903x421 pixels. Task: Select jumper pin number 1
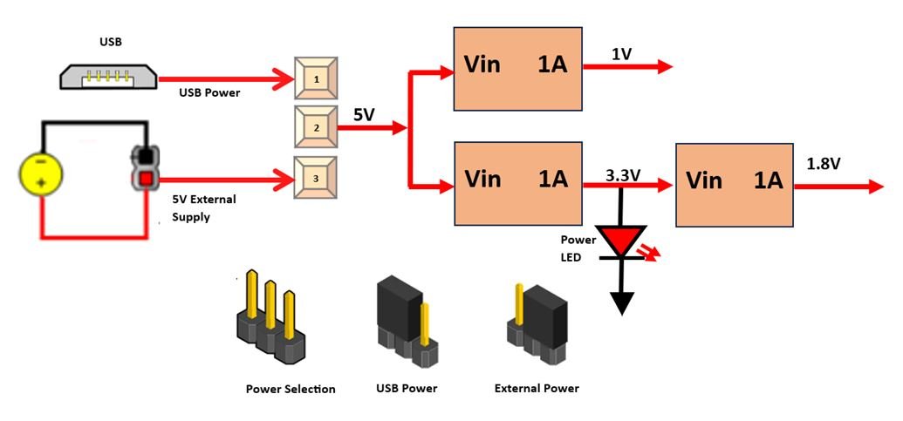[316, 78]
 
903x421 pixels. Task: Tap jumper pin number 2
[315, 126]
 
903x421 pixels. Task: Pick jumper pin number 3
[315, 178]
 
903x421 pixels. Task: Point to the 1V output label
[621, 54]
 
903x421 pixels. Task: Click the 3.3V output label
[623, 175]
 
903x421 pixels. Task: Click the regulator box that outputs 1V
[517, 68]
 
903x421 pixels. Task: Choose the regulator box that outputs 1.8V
[734, 183]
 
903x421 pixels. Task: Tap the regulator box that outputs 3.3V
[517, 183]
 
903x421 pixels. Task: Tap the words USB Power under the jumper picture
[406, 388]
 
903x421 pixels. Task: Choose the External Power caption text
[537, 388]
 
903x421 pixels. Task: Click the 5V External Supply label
[204, 207]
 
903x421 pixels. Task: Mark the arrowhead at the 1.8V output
[875, 186]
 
